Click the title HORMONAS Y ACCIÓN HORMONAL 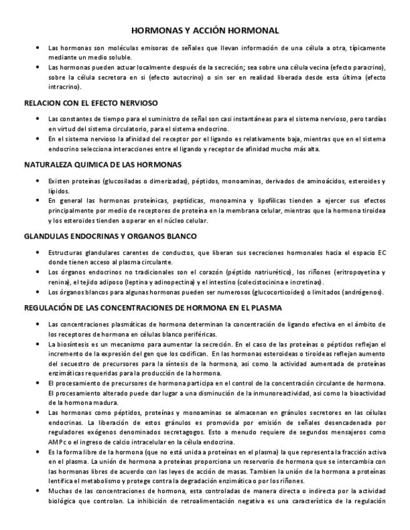coord(205,30)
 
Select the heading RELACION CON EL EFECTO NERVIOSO coord(91,102)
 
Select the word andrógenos coord(361,292)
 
